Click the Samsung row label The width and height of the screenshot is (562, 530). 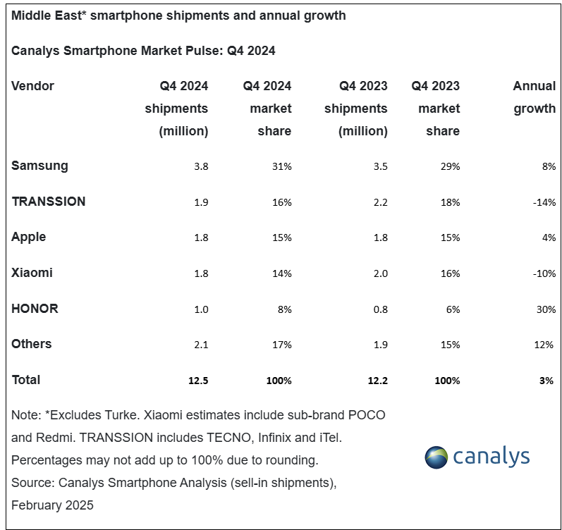39,166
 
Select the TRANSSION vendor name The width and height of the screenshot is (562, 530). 49,202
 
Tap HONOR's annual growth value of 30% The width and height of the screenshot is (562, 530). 546,309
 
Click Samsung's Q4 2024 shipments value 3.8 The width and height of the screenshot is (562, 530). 201,166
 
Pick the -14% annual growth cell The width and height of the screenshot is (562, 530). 544,202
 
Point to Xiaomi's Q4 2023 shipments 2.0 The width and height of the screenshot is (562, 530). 380,273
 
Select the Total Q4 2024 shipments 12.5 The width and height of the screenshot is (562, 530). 198,381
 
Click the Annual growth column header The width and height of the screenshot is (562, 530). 534,97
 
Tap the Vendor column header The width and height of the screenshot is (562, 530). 32,86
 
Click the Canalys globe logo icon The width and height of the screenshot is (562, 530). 436,457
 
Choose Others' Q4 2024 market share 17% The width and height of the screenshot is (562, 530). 282,345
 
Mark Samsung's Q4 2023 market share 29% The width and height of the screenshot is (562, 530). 450,166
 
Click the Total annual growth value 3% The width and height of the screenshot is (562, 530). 546,381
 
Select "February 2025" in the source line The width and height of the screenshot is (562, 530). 52,505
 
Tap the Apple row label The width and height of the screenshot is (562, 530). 29,238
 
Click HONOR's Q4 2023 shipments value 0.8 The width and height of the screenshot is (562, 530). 380,309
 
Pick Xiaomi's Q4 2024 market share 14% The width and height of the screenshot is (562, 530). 282,273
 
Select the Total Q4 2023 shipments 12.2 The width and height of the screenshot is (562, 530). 378,381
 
